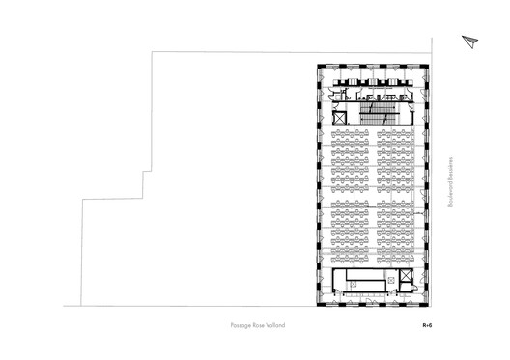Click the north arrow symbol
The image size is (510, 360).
click(470, 42)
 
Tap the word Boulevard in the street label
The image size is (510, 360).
click(450, 194)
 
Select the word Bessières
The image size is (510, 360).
click(450, 169)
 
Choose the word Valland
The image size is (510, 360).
click(275, 325)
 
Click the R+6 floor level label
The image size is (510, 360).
click(427, 325)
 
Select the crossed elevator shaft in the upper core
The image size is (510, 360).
click(340, 118)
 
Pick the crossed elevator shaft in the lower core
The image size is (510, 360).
click(406, 276)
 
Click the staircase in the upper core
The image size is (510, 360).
click(379, 113)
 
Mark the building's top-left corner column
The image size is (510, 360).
click(320, 67)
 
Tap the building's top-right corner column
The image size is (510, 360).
click(426, 67)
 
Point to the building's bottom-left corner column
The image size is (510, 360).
click(320, 304)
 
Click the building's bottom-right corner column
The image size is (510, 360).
click(426, 304)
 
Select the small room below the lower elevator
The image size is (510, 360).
click(406, 288)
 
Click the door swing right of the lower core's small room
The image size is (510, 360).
click(414, 287)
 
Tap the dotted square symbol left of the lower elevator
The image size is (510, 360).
click(391, 280)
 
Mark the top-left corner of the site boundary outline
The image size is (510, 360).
click(152, 52)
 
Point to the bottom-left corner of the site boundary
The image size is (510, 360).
click(81, 306)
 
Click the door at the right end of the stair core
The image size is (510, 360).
click(412, 109)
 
